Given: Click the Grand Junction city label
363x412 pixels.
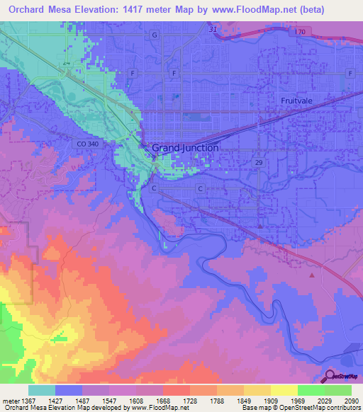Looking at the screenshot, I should (x=185, y=148).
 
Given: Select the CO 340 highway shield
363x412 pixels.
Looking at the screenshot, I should (x=84, y=144).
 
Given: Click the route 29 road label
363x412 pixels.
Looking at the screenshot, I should (x=261, y=162).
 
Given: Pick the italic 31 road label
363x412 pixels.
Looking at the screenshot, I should (x=213, y=29).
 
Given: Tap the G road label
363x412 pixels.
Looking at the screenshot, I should (x=154, y=35).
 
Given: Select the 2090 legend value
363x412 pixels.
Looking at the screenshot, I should (x=351, y=400).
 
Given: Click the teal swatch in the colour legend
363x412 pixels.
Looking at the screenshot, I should (x=41, y=390).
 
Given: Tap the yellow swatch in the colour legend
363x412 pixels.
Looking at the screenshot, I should (x=284, y=390).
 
